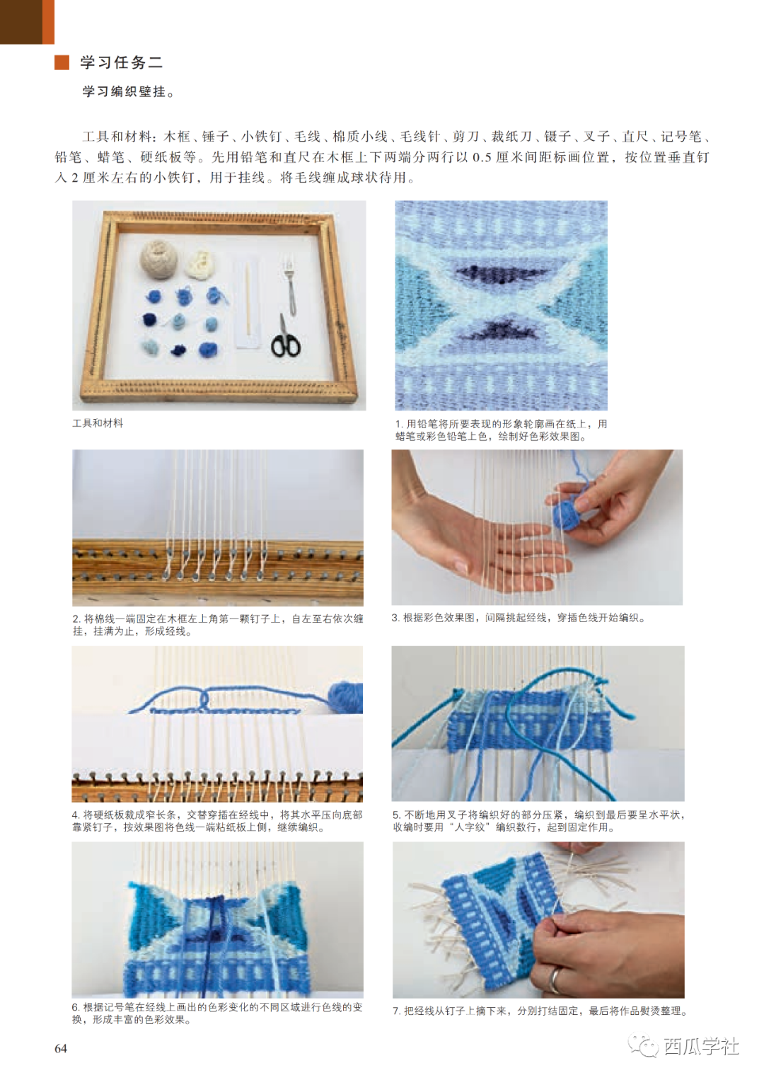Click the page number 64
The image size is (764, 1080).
[x=61, y=1048]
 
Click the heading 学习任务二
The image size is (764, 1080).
[x=122, y=62]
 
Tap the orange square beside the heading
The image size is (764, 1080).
[x=62, y=62]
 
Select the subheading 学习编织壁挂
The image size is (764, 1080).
[x=128, y=91]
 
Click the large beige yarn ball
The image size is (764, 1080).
[x=158, y=258]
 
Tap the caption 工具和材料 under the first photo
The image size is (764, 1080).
[x=98, y=423]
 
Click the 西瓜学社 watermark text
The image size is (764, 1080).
[x=701, y=1046]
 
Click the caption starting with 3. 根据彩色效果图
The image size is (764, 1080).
[x=519, y=618]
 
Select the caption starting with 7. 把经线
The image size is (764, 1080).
[x=539, y=1011]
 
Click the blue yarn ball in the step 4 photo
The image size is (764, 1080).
[x=345, y=696]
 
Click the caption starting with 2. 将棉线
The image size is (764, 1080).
[x=218, y=625]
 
